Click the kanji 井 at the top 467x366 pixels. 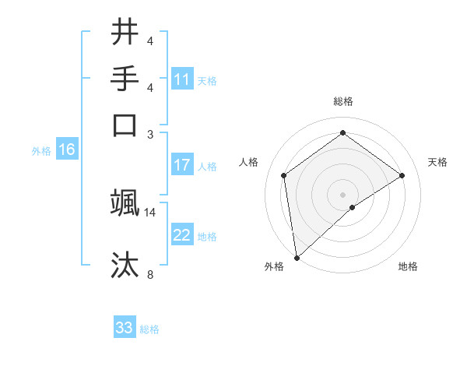(125, 32)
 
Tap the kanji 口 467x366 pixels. (125, 125)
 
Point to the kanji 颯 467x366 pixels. (125, 202)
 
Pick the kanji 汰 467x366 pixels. (125, 265)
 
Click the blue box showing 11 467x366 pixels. (182, 79)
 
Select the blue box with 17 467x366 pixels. (182, 165)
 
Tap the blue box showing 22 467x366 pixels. (182, 235)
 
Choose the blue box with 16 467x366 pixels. (67, 150)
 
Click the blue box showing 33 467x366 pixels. (125, 328)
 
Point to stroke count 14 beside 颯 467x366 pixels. (150, 212)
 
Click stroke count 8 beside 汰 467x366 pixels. (150, 274)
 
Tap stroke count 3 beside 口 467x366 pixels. (150, 134)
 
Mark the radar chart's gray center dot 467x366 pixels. (342, 194)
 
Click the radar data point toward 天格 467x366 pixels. (402, 175)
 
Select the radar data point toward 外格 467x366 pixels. (297, 258)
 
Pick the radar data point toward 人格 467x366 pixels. (284, 175)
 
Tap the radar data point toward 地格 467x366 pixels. (353, 207)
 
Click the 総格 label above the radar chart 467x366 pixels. (342, 101)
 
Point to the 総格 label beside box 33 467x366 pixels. (149, 329)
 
